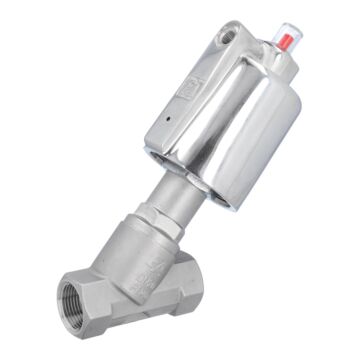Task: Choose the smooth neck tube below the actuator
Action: tap(166, 190)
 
